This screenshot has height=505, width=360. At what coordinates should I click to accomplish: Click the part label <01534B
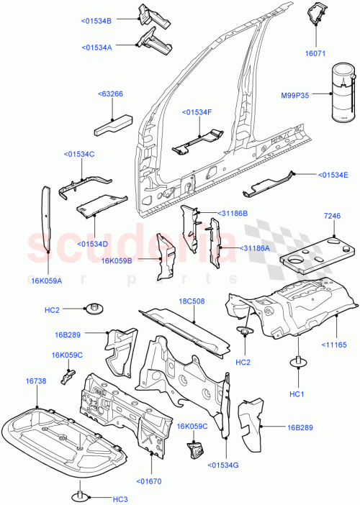point(94,21)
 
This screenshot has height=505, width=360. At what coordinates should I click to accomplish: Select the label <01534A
point(94,47)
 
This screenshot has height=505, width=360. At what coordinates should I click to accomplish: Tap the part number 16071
point(316,53)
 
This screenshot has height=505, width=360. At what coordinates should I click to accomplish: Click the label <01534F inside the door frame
point(197,112)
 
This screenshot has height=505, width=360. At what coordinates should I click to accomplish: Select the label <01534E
point(333,175)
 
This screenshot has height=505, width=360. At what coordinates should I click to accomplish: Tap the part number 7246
point(332,216)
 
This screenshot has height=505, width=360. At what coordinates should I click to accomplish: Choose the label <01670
point(151,481)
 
